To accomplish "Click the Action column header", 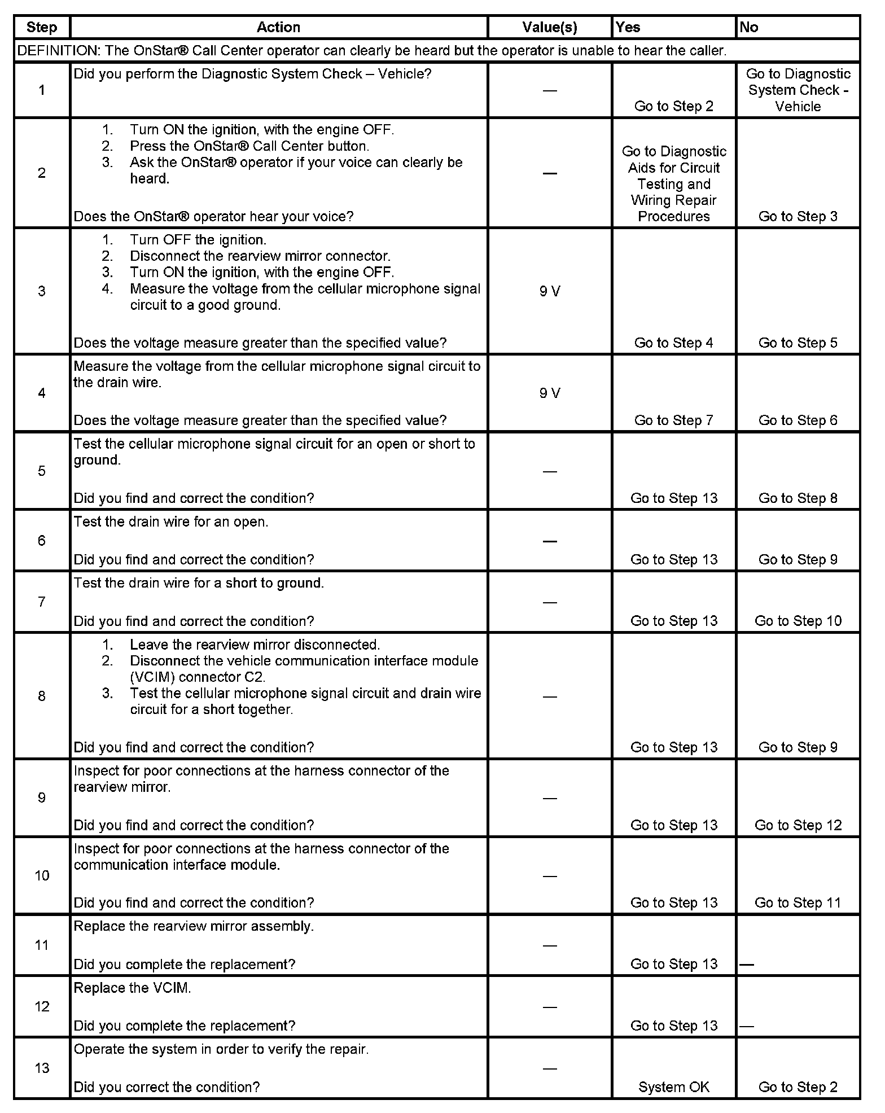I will [278, 28].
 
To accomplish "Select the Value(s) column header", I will [550, 28].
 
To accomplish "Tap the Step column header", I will [42, 28].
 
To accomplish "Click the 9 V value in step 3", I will [550, 291].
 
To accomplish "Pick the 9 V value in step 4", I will [550, 393].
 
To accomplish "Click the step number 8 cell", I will [42, 696].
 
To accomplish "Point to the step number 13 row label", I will [42, 1068].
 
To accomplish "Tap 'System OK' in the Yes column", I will [674, 1087].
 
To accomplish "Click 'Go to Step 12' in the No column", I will [798, 825].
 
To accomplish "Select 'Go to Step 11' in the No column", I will [798, 903].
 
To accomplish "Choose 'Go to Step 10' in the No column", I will [798, 621].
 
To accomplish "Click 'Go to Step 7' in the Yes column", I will [674, 420].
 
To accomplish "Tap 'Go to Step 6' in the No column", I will [798, 420].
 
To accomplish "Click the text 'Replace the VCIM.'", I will [133, 988].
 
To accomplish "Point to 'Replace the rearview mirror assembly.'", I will [194, 926].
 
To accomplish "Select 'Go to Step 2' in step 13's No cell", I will [798, 1087].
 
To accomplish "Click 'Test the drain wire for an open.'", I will [171, 522].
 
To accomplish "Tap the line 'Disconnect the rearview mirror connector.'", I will [260, 256].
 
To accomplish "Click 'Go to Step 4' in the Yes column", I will [674, 343].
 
